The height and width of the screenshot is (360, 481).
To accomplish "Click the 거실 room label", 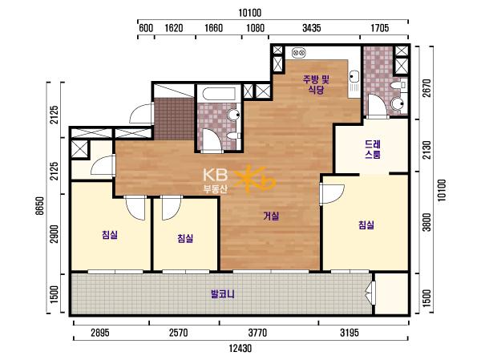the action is (272, 216).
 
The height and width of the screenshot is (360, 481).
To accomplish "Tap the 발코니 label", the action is (223, 294).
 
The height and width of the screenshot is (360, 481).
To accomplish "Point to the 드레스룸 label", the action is (373, 149).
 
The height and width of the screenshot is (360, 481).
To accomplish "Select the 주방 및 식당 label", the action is (316, 84).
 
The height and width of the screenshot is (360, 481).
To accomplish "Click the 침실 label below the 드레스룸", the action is (366, 224).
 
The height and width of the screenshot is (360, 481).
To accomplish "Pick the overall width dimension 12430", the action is (240, 348).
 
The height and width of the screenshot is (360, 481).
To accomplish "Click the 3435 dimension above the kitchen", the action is (311, 28).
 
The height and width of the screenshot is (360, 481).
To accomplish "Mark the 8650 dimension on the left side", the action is (39, 206).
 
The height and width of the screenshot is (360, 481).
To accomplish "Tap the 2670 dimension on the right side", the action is (426, 88).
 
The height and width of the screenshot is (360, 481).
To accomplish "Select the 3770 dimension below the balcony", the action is (257, 333).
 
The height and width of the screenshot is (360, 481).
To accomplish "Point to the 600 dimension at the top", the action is (146, 28).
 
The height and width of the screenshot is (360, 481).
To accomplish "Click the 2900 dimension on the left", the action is (54, 234).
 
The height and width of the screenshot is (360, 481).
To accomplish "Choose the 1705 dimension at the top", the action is (380, 28).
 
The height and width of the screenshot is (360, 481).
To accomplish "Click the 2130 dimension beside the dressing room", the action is (426, 150).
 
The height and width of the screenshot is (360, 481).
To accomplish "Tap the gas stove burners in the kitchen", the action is (299, 53).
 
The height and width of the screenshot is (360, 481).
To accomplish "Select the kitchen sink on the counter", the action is (354, 75).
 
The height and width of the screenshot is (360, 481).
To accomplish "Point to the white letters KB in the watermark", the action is (216, 175).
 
